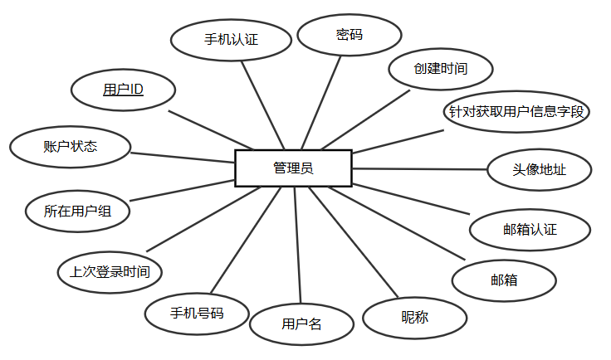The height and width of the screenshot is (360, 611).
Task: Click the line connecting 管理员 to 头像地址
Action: (x=420, y=169)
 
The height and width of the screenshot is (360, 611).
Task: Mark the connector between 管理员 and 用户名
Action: (x=298, y=245)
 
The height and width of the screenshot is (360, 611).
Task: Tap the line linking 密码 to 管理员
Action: (x=321, y=103)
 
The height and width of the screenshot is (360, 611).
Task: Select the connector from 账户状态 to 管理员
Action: (x=183, y=158)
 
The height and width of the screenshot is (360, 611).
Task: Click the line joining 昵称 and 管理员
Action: (x=354, y=242)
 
